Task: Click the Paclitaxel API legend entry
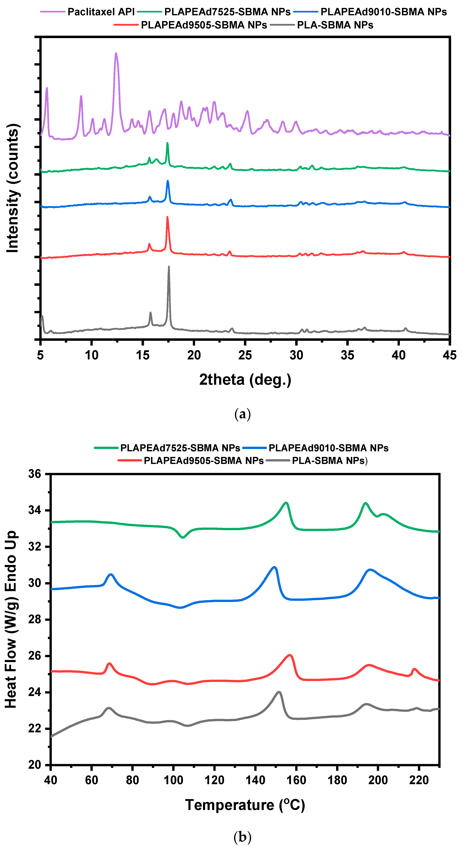coord(101,12)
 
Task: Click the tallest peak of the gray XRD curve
coord(169,267)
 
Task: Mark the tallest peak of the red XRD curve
coord(167,217)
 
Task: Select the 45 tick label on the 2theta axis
coord(450,355)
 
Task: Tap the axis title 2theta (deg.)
coord(245,380)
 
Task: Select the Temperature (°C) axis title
coord(245,805)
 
